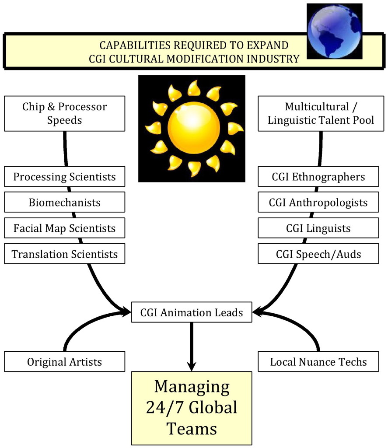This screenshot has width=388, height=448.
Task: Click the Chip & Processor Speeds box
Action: click(65, 113)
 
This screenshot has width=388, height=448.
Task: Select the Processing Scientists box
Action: click(65, 176)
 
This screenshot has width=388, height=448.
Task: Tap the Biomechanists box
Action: click(65, 202)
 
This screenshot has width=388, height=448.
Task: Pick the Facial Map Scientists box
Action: click(65, 227)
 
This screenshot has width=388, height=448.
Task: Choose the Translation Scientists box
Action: click(65, 253)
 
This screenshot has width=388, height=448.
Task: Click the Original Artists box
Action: click(65, 361)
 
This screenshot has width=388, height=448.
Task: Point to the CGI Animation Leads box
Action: click(192, 312)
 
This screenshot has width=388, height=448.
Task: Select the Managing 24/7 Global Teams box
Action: click(192, 408)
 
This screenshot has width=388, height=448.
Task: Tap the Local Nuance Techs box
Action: click(318, 361)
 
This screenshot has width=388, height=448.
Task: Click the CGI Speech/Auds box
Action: click(318, 253)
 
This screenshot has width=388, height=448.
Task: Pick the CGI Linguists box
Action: click(318, 227)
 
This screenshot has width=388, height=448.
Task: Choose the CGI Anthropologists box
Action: click(318, 202)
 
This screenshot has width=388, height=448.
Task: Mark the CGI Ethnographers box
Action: click(318, 176)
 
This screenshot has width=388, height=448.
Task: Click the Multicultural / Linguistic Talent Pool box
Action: click(321, 113)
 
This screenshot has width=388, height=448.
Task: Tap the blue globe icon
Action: click(334, 31)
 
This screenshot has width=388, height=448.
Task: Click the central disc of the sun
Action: click(194, 128)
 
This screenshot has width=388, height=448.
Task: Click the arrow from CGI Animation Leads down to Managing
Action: click(192, 347)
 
